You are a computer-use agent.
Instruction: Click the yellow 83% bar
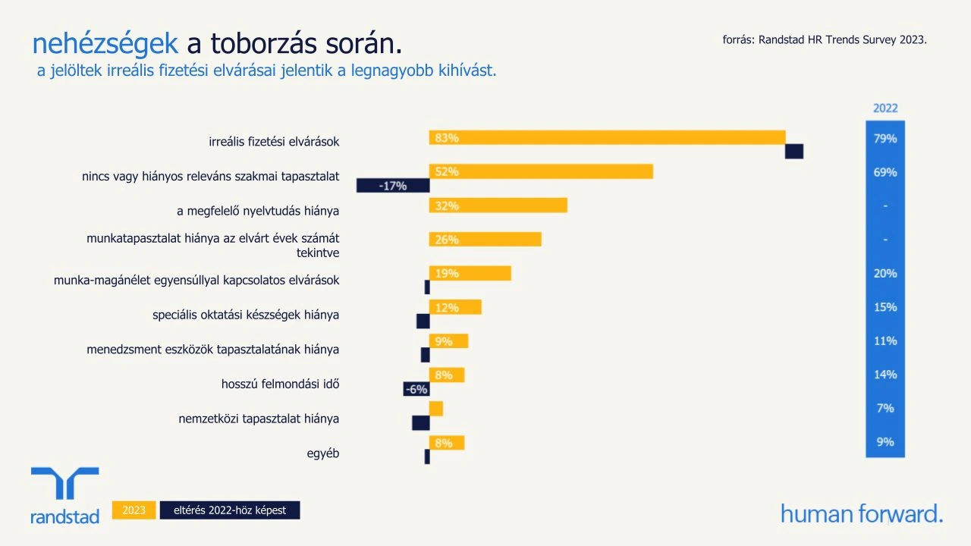[607, 137]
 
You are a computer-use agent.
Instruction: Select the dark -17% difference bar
[393, 185]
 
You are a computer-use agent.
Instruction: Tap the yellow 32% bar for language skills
[498, 206]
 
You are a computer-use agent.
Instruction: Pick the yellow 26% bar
[485, 240]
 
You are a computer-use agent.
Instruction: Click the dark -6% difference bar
[416, 389]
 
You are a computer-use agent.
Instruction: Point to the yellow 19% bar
[470, 273]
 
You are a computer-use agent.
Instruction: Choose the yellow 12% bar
[455, 307]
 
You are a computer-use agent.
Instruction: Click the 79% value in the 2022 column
[885, 139]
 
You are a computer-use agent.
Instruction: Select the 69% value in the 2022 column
[885, 172]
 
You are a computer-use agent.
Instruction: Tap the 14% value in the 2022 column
[885, 375]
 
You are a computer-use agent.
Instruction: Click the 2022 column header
[885, 108]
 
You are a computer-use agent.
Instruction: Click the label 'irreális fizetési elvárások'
[274, 142]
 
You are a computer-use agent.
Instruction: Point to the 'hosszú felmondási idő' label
[280, 384]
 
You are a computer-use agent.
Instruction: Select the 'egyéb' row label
[322, 453]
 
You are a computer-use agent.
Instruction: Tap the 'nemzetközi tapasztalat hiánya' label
[259, 419]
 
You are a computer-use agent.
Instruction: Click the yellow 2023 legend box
[134, 510]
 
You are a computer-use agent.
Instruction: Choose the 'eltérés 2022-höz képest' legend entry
[230, 510]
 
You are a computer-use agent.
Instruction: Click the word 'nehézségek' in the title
[105, 44]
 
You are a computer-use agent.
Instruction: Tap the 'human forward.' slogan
[862, 513]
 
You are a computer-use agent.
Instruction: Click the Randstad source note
[825, 39]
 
